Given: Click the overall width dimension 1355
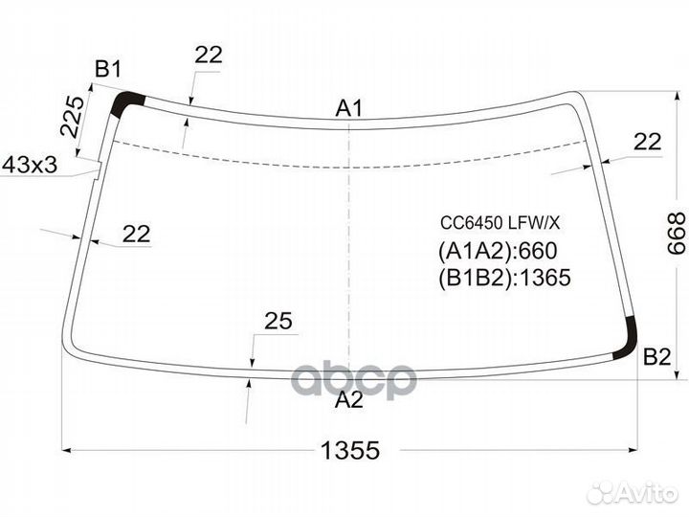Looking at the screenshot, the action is tap(350, 450).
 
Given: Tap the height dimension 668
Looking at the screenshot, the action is tap(676, 234).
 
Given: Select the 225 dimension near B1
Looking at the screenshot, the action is tap(72, 116).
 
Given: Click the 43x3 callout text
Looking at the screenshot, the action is tap(30, 166).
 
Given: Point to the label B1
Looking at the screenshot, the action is tap(108, 69).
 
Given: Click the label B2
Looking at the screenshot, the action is tap(656, 356).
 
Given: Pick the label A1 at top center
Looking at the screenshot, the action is tap(349, 108).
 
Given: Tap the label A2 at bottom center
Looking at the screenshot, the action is tap(349, 400).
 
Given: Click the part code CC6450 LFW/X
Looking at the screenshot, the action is tap(500, 223).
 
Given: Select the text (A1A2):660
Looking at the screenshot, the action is tap(498, 251).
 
